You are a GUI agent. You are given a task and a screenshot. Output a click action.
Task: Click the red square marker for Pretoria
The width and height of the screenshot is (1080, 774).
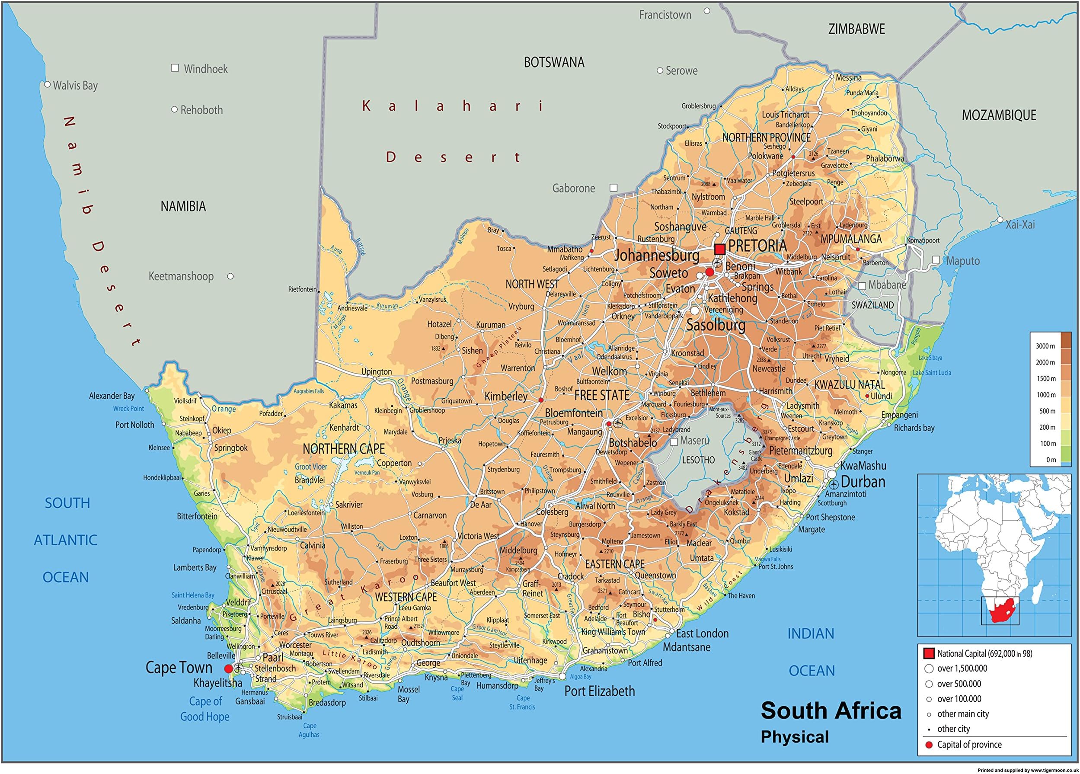coord(719,249)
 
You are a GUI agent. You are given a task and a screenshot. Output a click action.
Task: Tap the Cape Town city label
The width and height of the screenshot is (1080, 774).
coord(179,667)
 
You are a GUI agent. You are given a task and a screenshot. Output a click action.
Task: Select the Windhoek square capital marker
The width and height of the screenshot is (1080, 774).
coord(175,68)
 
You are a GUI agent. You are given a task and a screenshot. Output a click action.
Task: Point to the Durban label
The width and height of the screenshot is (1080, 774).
coord(863,482)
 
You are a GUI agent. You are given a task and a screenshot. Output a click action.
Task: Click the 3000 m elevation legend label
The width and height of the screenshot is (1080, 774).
coord(1045,346)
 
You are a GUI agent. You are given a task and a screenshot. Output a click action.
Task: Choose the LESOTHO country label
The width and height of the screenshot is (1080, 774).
coord(698,460)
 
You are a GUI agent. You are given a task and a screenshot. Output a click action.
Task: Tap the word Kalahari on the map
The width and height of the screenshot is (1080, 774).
coord(452,106)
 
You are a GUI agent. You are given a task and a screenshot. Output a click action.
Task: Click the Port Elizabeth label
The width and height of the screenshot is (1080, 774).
coord(600,691)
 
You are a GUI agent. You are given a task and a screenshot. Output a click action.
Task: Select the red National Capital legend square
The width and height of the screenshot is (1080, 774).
coord(929,653)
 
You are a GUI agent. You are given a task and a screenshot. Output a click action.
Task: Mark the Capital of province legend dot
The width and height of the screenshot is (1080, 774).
coord(928,745)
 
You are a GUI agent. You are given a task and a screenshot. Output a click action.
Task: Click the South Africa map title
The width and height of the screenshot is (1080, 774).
coord(831,710)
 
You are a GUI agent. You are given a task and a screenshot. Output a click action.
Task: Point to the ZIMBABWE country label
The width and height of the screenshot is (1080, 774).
coord(856,29)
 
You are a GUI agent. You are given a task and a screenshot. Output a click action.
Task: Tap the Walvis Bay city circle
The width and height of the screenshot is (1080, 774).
coord(47,84)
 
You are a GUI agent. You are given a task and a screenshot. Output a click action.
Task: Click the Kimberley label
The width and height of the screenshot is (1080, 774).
coord(506,396)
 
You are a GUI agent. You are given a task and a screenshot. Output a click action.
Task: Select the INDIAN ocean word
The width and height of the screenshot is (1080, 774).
coord(811,633)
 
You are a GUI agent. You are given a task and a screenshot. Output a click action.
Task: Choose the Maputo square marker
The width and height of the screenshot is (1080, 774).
coord(936,259)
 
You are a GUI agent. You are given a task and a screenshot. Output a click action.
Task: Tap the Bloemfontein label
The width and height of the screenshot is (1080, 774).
coord(573,413)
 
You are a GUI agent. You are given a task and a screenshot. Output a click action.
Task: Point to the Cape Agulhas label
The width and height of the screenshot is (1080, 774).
coord(309,730)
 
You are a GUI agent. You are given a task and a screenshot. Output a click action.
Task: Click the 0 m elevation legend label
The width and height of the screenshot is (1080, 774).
coord(1051,460)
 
